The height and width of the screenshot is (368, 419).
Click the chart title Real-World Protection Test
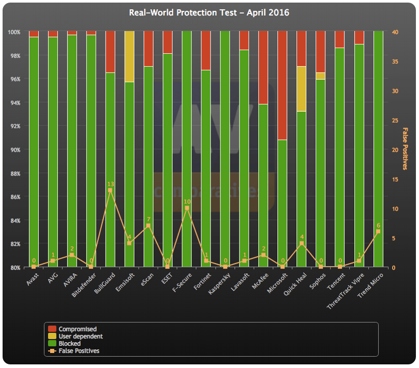pyautogui.click(x=183, y=12)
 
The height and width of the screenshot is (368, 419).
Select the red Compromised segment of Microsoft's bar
pyautogui.click(x=282, y=85)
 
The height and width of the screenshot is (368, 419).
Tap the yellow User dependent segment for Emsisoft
pyautogui.click(x=129, y=56)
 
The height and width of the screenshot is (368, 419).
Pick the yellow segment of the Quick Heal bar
pyautogui.click(x=302, y=89)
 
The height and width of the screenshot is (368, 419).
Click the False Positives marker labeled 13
pyautogui.click(x=110, y=190)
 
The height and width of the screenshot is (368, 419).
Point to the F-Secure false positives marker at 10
pyautogui.click(x=187, y=208)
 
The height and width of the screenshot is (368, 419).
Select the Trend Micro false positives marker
pyautogui.click(x=378, y=231)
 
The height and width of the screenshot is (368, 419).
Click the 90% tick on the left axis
pyautogui.click(x=16, y=150)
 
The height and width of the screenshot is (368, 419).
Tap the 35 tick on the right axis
pyautogui.click(x=395, y=62)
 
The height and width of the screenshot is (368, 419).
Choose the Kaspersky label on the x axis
pyautogui.click(x=219, y=284)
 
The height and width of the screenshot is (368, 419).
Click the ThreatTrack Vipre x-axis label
pyautogui.click(x=345, y=291)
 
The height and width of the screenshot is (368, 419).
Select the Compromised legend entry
pyautogui.click(x=72, y=329)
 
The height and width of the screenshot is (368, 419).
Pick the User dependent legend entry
pyautogui.click(x=76, y=336)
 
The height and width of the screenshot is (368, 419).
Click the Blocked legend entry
pyautogui.click(x=64, y=343)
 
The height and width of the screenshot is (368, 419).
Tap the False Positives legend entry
pyautogui.click(x=73, y=350)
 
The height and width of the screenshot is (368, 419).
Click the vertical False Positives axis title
pyautogui.click(x=405, y=149)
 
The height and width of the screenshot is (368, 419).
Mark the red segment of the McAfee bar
pyautogui.click(x=263, y=68)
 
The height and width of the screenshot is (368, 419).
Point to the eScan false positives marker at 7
pyautogui.click(x=148, y=226)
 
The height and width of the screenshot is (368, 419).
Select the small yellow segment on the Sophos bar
pyautogui.click(x=320, y=76)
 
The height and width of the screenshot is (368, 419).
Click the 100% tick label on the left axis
pyautogui.click(x=14, y=32)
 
